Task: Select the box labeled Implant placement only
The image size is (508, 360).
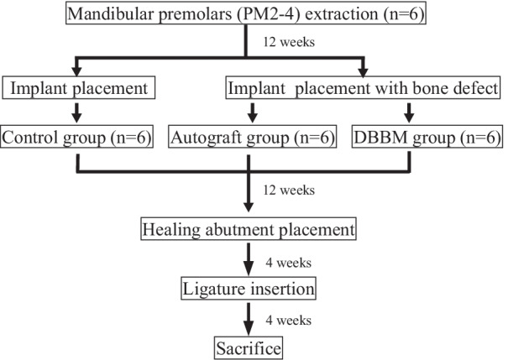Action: click(77, 86)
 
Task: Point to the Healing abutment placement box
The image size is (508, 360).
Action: click(249, 229)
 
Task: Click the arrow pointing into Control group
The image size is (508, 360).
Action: click(77, 112)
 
